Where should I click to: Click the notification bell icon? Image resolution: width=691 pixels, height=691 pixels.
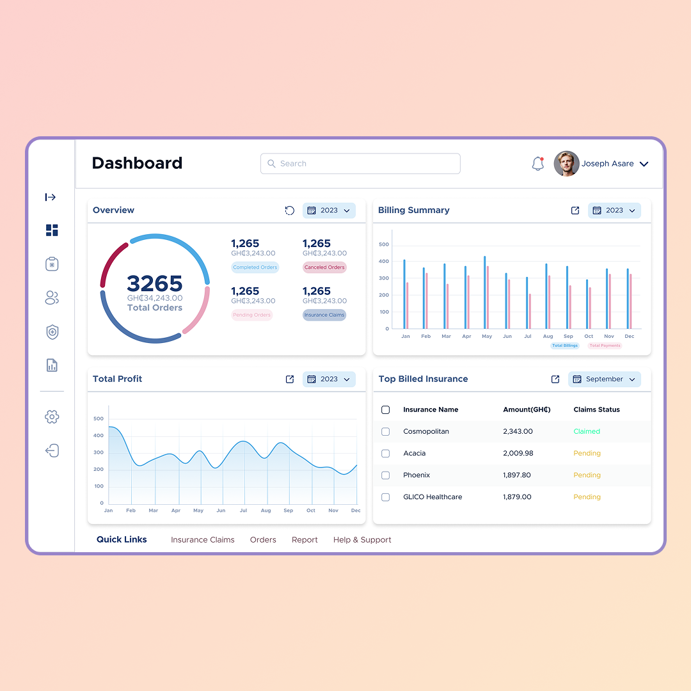538,164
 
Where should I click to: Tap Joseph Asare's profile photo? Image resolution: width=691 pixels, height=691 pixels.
566,164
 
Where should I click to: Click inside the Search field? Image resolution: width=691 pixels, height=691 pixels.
360,164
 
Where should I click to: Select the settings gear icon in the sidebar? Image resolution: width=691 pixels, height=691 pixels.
52,417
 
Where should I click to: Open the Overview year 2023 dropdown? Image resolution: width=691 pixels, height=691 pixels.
329,210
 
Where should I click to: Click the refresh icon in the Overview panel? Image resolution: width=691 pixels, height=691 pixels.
290,210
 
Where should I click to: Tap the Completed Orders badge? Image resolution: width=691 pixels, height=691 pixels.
255,267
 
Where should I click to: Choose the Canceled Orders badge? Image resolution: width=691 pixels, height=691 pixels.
324,267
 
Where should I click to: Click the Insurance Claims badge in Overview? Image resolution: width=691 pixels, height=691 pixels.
324,315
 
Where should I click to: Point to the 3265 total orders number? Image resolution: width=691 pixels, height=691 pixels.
155,283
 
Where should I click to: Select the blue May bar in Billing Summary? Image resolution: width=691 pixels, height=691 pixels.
484,292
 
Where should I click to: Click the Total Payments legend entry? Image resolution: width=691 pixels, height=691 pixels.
605,345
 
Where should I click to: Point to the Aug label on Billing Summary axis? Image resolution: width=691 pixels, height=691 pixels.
548,336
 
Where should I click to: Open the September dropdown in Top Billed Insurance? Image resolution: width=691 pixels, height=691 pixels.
605,379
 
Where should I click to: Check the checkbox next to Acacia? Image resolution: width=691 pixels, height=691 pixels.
385,454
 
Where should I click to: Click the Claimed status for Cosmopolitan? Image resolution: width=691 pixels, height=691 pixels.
587,432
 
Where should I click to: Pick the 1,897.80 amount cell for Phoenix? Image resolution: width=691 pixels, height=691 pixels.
517,475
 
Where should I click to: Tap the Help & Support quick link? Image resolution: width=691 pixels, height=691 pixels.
362,540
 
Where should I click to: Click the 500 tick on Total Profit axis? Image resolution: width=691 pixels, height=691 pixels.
99,419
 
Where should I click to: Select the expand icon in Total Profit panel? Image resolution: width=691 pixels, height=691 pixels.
290,379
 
